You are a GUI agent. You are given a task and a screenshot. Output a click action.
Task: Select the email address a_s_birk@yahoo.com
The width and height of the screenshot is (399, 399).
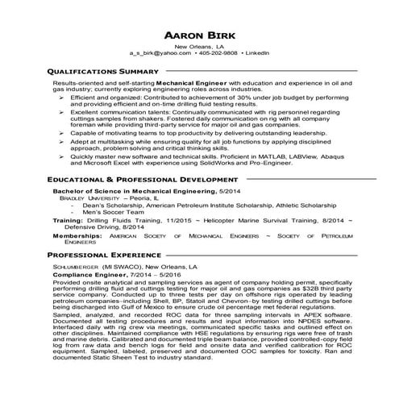point(155,52)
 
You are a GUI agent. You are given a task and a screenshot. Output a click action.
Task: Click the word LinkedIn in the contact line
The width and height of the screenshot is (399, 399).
point(257,52)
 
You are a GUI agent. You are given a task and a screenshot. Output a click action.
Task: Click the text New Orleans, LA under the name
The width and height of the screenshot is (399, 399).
point(199,46)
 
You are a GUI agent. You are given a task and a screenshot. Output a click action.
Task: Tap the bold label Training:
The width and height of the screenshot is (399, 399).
point(69,219)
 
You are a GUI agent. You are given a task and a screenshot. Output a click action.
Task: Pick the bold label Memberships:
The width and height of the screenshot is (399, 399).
point(78,236)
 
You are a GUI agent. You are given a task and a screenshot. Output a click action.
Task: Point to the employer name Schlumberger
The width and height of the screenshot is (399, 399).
point(75,266)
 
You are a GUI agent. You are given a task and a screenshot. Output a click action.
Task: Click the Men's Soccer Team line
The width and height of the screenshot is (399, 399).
point(110,211)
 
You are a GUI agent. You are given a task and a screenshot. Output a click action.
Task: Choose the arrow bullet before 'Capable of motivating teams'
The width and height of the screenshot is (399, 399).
point(61,131)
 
